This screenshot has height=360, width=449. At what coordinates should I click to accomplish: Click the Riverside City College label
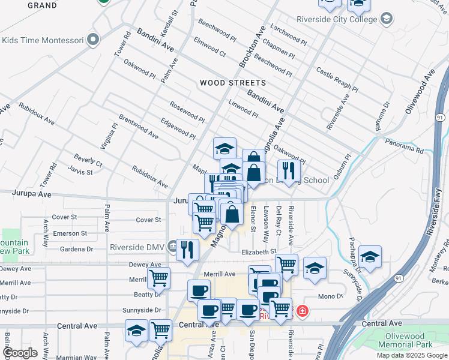[336, 19]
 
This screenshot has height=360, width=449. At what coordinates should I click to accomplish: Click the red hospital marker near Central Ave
[302, 311]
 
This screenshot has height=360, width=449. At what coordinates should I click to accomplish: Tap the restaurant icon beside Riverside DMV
[187, 250]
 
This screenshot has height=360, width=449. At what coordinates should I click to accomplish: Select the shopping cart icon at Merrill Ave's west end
[158, 278]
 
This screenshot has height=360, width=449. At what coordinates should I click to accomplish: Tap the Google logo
[20, 353]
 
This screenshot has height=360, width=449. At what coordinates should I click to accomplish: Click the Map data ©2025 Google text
[412, 355]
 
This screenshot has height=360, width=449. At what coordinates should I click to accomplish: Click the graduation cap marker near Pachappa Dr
[370, 258]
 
